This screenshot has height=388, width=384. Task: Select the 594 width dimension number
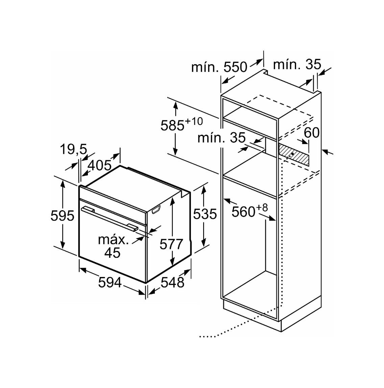[x=110, y=282]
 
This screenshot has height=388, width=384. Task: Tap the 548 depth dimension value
[x=172, y=282]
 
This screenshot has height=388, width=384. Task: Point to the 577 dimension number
[x=171, y=244]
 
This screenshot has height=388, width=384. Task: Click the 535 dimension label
[x=205, y=214]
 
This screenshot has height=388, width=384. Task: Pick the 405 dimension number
[x=100, y=165]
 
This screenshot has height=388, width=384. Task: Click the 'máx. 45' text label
[x=113, y=246]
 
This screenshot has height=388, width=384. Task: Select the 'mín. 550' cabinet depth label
[x=219, y=67]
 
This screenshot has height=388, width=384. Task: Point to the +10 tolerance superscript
[x=194, y=121]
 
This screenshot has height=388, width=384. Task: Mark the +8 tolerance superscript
[x=262, y=208]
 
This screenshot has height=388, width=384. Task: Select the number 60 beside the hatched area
[x=312, y=133]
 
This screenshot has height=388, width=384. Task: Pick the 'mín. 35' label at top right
[x=297, y=64]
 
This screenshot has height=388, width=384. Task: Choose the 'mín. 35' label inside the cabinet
[x=221, y=138]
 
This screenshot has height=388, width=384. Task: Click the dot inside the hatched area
[x=293, y=154]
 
